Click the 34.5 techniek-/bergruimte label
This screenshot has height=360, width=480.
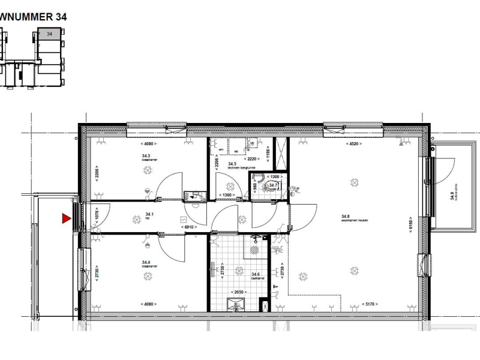coord(240,165)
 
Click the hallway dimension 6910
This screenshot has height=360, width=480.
coord(190,227)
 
